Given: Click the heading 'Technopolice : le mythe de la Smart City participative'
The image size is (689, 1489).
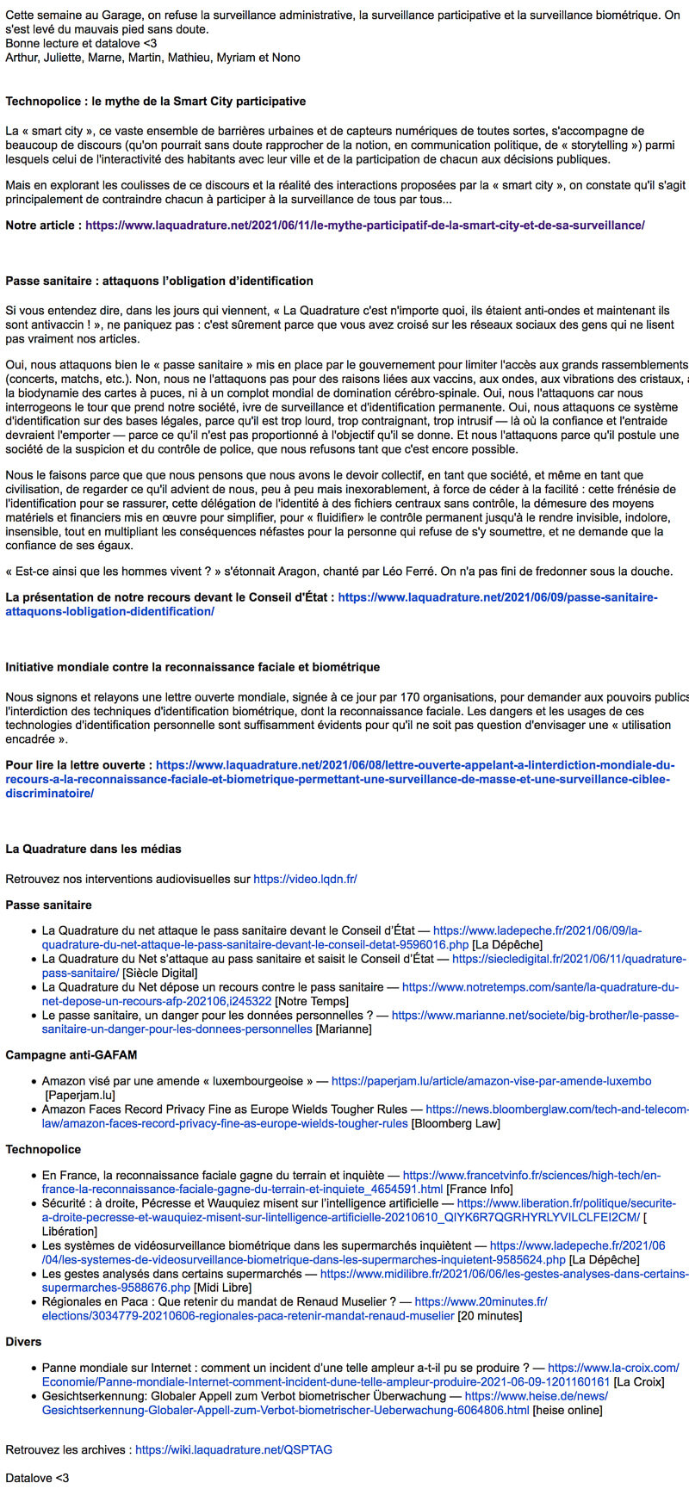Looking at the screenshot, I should [155, 102].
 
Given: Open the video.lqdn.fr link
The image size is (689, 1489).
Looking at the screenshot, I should [305, 879].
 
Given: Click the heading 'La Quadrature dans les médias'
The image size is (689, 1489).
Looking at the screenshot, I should [93, 849].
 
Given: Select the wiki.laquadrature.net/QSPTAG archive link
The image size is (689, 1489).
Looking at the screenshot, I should [233, 1449].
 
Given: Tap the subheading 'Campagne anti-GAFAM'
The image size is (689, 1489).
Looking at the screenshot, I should [71, 1054].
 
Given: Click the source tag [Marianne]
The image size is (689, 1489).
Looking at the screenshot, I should [344, 1029].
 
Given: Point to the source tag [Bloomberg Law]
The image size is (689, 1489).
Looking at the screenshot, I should [455, 1123].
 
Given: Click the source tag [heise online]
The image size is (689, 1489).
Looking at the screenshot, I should [568, 1410].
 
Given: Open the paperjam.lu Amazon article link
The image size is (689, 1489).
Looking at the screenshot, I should [491, 1081].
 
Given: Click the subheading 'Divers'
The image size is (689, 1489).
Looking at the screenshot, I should [23, 1341].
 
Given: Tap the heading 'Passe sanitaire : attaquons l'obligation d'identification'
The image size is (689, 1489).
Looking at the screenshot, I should [159, 281].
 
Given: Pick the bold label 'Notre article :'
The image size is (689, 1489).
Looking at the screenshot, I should [44, 226].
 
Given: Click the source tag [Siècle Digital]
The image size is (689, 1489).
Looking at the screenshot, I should [160, 973].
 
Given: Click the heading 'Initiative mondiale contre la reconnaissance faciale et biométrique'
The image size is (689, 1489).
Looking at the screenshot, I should [192, 667].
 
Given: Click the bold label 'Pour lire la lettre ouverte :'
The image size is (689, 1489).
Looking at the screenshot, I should [79, 764].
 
